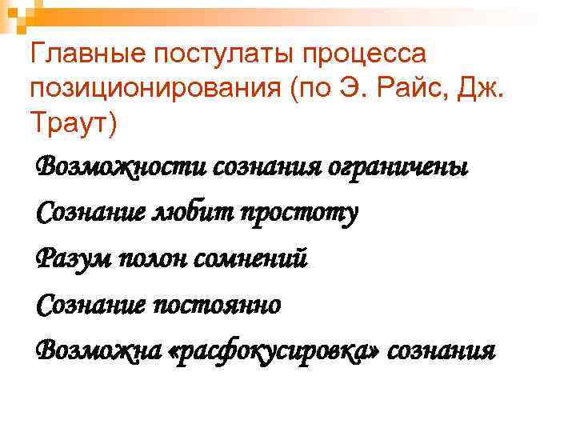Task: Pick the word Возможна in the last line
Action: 97,350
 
